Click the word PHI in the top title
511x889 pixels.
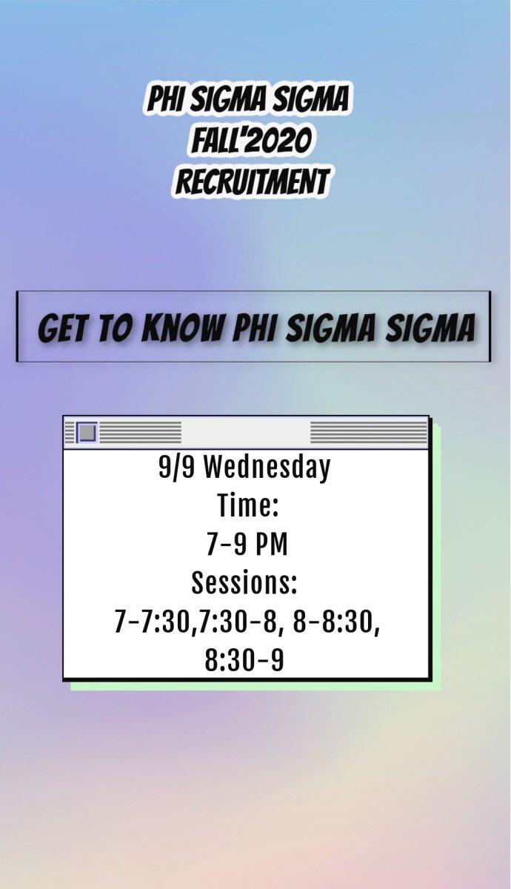[x=164, y=100]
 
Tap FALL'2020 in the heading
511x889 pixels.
[x=249, y=141]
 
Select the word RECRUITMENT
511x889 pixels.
[x=251, y=182]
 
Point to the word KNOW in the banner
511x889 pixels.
[x=184, y=329]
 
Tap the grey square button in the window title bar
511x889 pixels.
[x=87, y=432]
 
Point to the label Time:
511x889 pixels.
[x=247, y=507]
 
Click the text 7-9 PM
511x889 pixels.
[x=247, y=545]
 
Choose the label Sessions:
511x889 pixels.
[x=244, y=583]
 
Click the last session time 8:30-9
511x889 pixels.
[x=244, y=661]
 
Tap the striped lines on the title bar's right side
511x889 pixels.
[x=368, y=432]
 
